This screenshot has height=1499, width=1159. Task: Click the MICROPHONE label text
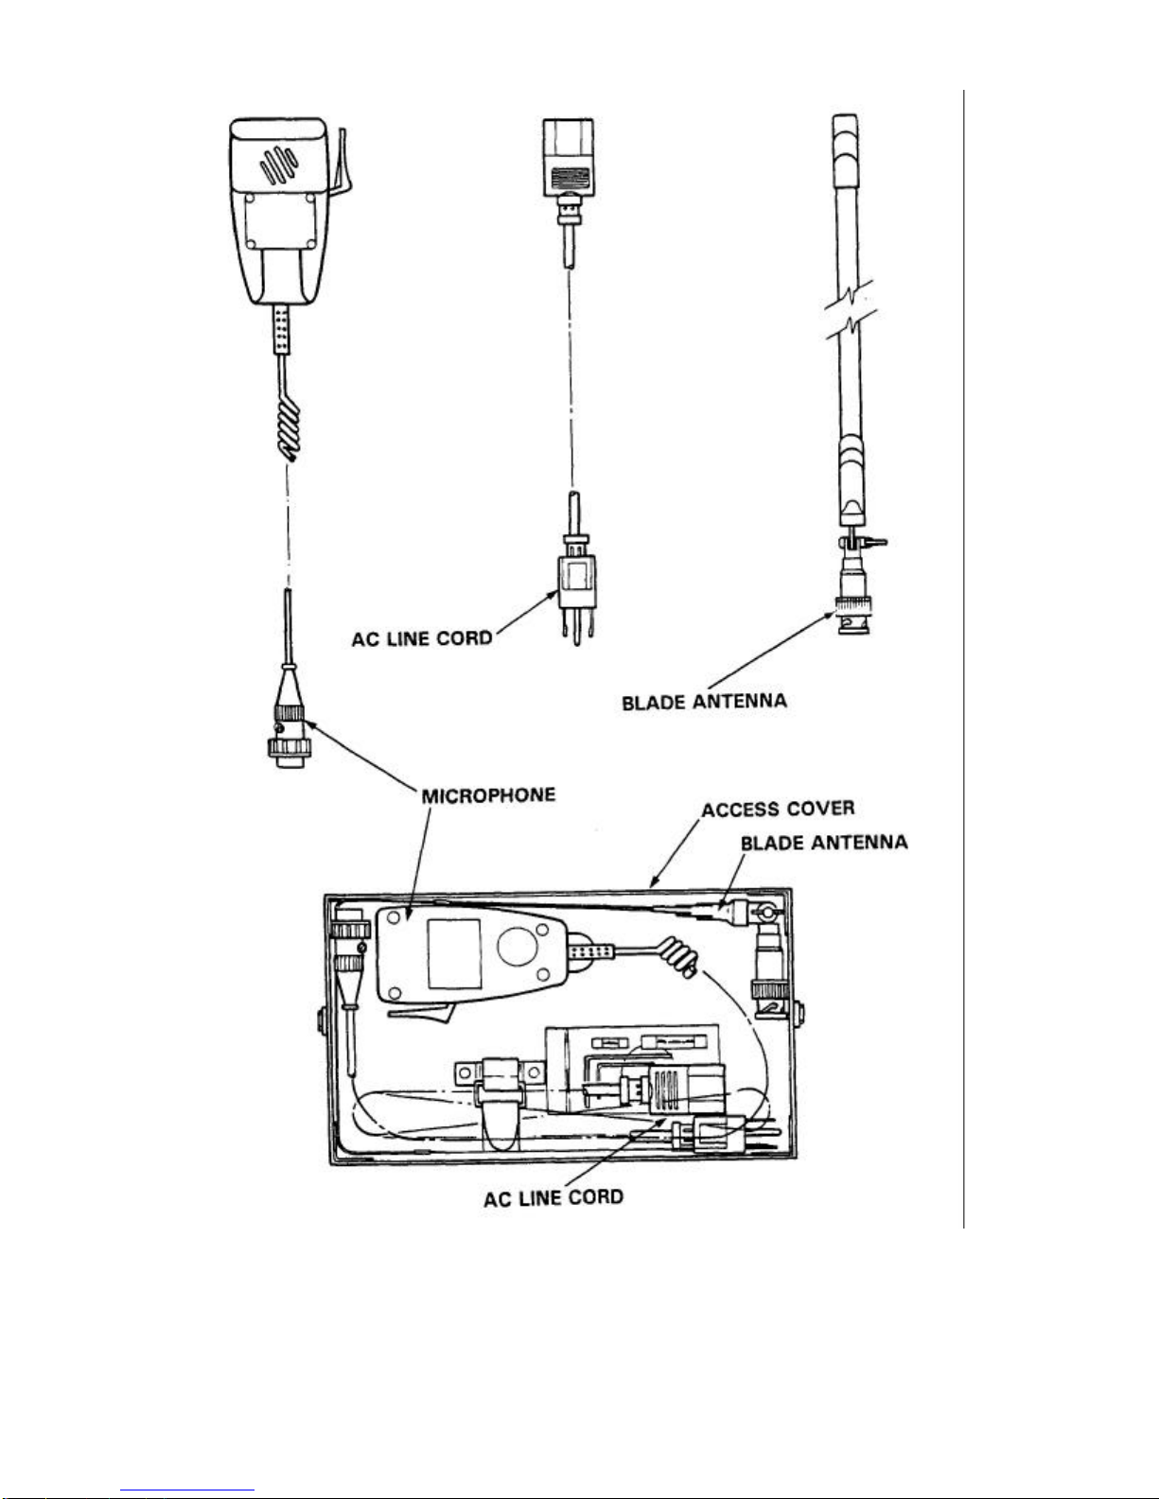tap(488, 794)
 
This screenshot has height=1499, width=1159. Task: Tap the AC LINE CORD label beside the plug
tap(422, 638)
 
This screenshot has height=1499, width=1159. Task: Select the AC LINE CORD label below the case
tap(553, 1198)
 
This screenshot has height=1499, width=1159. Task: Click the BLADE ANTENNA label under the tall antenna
tap(704, 702)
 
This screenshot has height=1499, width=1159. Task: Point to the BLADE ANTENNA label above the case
tap(823, 842)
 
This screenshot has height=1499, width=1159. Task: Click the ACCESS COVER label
tap(778, 810)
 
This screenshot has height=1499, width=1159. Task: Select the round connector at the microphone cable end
tap(287, 733)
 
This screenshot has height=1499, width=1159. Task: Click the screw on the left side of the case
tap(321, 1020)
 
